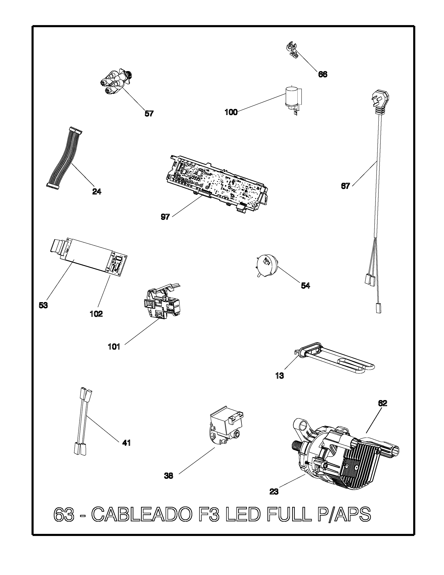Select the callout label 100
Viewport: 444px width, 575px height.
pyautogui.click(x=231, y=112)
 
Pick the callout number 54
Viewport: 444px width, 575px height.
pyautogui.click(x=305, y=285)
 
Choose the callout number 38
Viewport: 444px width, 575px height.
pyautogui.click(x=169, y=476)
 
